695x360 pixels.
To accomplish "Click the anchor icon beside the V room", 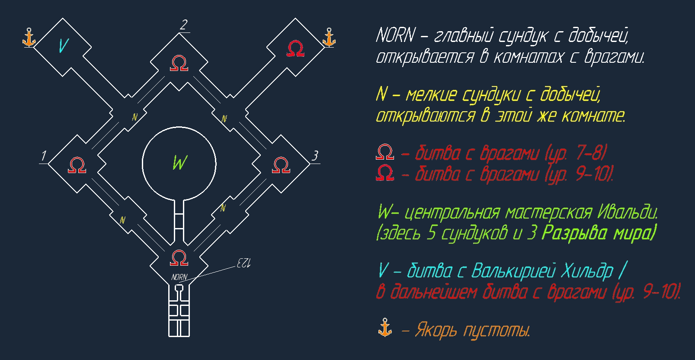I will tap(29, 38).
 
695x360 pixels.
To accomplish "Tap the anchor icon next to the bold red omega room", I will tap(329, 38).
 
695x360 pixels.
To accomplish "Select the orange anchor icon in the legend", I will tap(384, 328).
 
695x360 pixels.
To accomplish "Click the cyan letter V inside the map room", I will tap(63, 45).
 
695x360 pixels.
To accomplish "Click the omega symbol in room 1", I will tap(77, 165).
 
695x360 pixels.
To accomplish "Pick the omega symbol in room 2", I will tap(179, 63).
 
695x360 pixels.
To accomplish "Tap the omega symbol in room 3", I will tap(281, 165).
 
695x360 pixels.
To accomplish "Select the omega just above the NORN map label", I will tap(179, 258).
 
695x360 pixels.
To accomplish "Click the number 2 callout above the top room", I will tap(184, 25).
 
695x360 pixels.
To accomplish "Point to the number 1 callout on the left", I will tap(43, 156).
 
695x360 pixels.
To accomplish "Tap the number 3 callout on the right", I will tap(315, 156).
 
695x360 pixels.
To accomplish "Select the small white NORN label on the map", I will tap(179, 277).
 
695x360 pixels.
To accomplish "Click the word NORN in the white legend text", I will tap(395, 35).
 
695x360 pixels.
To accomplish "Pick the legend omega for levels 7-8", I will tap(385, 152).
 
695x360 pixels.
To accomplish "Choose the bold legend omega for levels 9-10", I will tap(385, 173).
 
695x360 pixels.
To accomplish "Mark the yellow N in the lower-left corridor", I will tap(123, 220).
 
